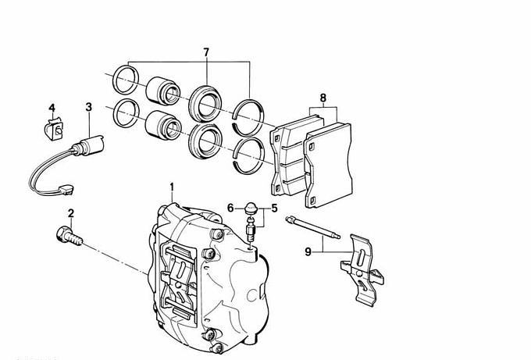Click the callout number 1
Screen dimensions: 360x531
[x=173, y=187]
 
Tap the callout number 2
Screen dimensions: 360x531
[x=70, y=212]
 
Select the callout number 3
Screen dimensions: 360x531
[x=89, y=107]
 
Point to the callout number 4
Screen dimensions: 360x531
[x=52, y=107]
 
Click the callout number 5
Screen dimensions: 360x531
[x=274, y=209]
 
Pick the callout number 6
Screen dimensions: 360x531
[x=231, y=207]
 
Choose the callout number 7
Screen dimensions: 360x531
[x=206, y=52]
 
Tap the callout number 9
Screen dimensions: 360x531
[x=308, y=251]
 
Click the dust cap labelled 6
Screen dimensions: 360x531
[x=251, y=208]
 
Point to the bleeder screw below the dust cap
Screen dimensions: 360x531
[x=251, y=231]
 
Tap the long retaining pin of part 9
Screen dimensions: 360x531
[x=312, y=227]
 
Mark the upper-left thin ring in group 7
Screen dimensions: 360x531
[x=125, y=80]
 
